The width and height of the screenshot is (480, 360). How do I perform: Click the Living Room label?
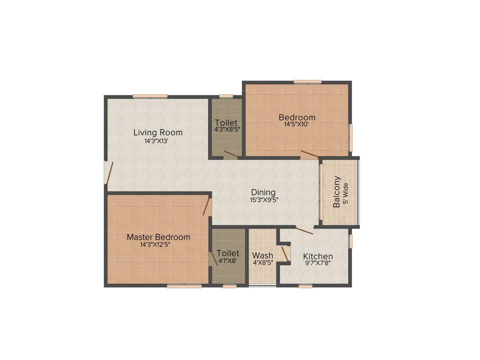point(157,133)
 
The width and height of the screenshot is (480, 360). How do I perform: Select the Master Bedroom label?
point(158,237)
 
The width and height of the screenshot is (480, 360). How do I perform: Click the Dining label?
point(263,192)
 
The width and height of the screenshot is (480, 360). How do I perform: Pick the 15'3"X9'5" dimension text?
point(263,200)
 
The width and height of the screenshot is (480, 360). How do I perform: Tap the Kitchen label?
point(318,256)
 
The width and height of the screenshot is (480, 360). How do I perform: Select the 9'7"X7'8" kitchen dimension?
point(318,264)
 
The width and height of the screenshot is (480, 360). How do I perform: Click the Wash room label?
point(262,255)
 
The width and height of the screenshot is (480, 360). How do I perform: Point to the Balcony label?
point(337,192)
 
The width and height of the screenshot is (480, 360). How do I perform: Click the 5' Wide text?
point(346,192)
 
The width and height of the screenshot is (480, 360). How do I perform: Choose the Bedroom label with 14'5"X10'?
point(297,117)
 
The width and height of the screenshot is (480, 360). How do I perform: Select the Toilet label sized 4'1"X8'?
point(228,254)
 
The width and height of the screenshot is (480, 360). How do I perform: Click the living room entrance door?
point(109,172)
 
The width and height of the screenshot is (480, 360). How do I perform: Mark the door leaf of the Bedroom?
point(310,155)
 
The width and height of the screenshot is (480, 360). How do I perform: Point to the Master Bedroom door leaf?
point(206,206)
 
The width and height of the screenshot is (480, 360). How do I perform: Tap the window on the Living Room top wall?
point(150,96)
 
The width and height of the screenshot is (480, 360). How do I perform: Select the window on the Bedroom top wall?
point(307,82)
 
